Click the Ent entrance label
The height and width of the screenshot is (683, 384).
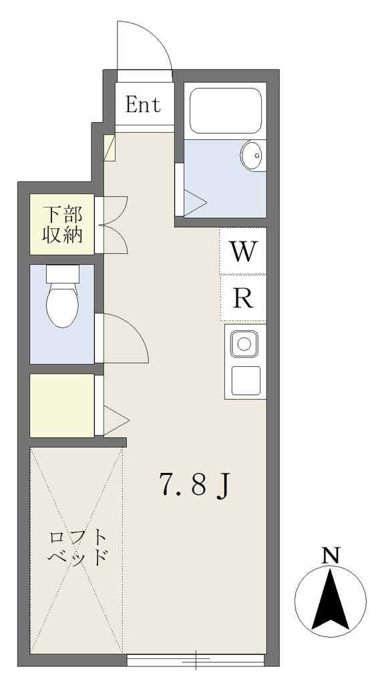pos(143,105)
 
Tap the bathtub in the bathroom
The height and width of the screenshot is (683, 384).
pos(226,111)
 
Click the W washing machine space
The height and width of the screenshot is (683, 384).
pos(242,251)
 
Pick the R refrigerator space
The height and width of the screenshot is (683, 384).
pos(242,298)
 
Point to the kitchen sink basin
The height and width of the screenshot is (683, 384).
pos(244,344)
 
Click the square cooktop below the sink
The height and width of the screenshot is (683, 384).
pos(246,380)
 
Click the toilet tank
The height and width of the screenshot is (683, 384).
pos(63,274)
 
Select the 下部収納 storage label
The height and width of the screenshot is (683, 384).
pos(62,224)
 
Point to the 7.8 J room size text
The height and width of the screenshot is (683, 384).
pos(194,486)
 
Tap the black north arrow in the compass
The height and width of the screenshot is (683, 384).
pos(331,600)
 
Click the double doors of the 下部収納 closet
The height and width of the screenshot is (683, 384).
pos(115,225)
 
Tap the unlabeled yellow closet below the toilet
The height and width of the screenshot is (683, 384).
pos(62,406)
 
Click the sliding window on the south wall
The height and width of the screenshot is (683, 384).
pos(196,660)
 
